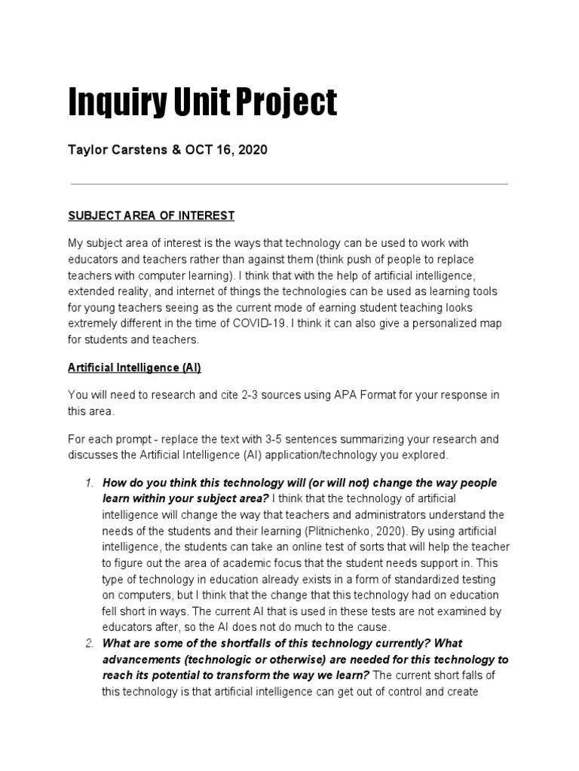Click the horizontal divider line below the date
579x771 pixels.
click(289, 184)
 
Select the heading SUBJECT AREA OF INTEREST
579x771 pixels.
click(152, 216)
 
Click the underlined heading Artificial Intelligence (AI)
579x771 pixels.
click(134, 368)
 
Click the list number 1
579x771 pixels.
click(87, 483)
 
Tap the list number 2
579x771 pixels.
click(87, 644)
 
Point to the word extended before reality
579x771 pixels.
click(94, 291)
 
